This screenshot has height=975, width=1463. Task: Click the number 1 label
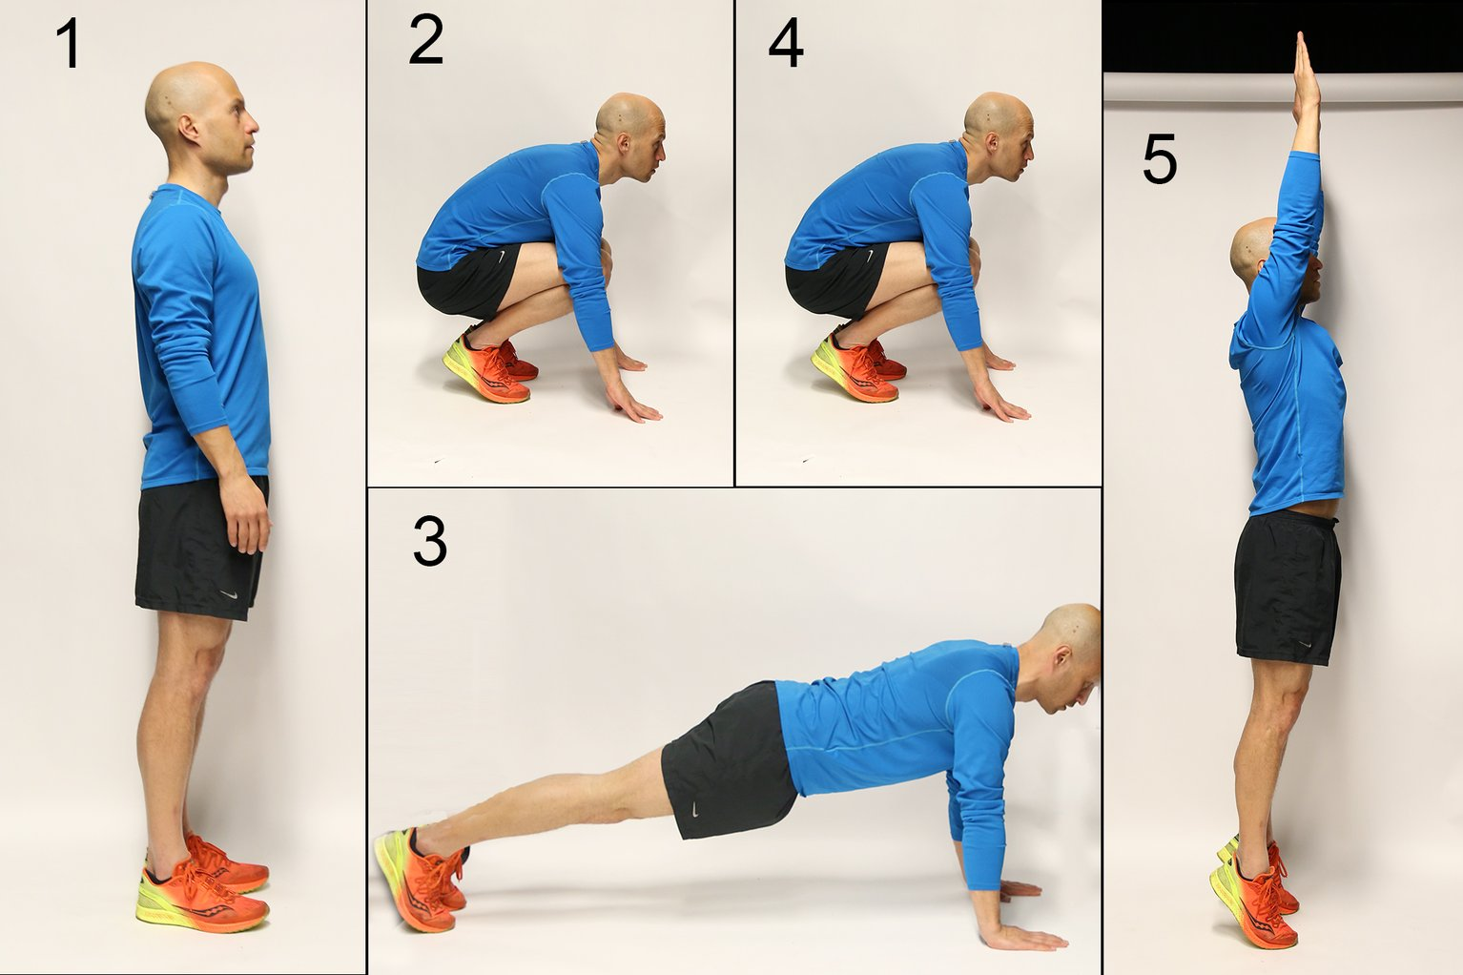coord(69,45)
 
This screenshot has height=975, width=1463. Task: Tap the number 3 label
coord(429,541)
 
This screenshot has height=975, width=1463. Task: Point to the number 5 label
coord(1159,159)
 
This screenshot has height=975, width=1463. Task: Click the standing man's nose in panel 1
coord(255,123)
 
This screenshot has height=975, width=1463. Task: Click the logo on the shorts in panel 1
coord(228,594)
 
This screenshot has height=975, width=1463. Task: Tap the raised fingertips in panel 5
coord(1300,38)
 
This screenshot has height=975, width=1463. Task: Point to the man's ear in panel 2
coord(626,143)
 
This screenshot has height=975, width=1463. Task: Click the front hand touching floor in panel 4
coord(1007,409)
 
